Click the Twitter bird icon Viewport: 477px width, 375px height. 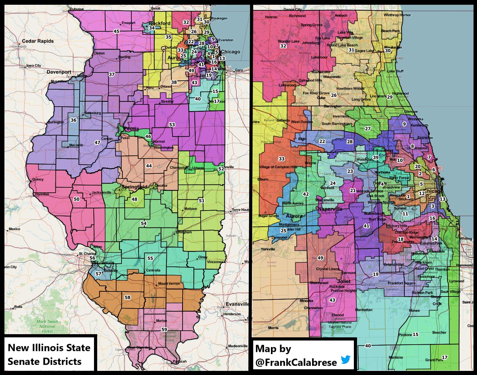coord(346,360)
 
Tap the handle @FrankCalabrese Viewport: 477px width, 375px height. coord(296,362)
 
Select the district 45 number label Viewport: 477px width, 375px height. coord(116,31)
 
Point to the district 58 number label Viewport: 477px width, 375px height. coord(128,297)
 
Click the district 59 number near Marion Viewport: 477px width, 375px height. coord(164,329)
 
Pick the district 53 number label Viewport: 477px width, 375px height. coord(172,125)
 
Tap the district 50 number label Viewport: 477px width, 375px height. coord(77,199)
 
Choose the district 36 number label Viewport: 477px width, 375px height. coord(73,120)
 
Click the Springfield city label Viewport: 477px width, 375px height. coord(135,187)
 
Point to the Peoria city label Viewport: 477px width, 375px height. coord(131,128)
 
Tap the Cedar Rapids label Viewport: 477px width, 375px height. coord(38,41)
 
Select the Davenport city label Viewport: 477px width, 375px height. coord(59,72)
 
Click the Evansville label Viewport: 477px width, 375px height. coord(237,304)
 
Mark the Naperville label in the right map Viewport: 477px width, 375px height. coord(330,209)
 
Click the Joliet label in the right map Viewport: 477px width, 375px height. coord(343,281)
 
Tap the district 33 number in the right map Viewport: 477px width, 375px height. coord(281,159)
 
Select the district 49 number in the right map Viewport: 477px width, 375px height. coord(320,258)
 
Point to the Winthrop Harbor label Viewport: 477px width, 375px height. coord(397,15)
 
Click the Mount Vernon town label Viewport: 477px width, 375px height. coord(169,284)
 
